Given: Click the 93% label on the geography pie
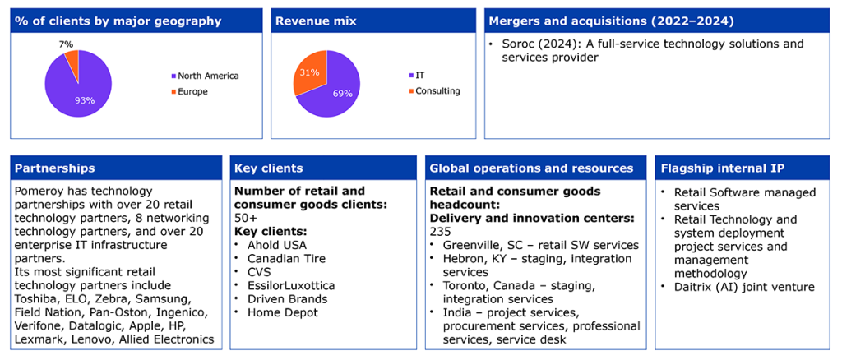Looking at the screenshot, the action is pos(85,99).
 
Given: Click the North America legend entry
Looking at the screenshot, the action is pos(205,76).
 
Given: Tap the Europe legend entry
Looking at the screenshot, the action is pos(189,92).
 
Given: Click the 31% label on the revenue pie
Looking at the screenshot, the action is pos(306,72).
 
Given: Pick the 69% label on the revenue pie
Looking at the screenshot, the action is pos(343,94).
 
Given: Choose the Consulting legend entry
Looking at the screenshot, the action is pos(434,91).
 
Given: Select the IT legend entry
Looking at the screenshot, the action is pos(417,76).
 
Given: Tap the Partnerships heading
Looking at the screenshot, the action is pos(55,168).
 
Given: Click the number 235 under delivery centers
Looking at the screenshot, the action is pos(441,231).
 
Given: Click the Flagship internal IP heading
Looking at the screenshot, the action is pos(722,168).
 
